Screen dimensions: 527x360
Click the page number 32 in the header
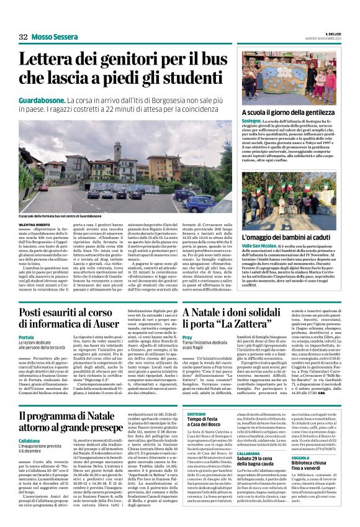click(x=23, y=37)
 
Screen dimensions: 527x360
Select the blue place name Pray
click(x=188, y=337)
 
